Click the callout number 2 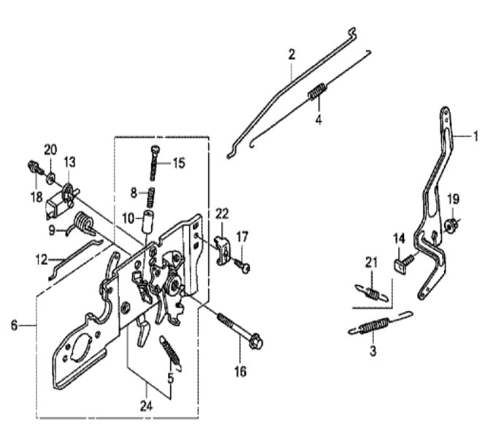[291, 55]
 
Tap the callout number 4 [318, 120]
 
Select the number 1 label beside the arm [476, 136]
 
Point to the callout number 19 [453, 199]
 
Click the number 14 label [399, 239]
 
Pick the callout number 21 [371, 263]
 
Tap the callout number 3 [373, 351]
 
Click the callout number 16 [240, 371]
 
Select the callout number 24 [146, 406]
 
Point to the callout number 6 [14, 325]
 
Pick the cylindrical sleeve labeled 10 [148, 221]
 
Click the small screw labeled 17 [243, 266]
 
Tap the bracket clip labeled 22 [223, 250]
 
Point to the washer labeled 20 [50, 177]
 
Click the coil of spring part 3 [374, 325]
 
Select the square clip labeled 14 [399, 265]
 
